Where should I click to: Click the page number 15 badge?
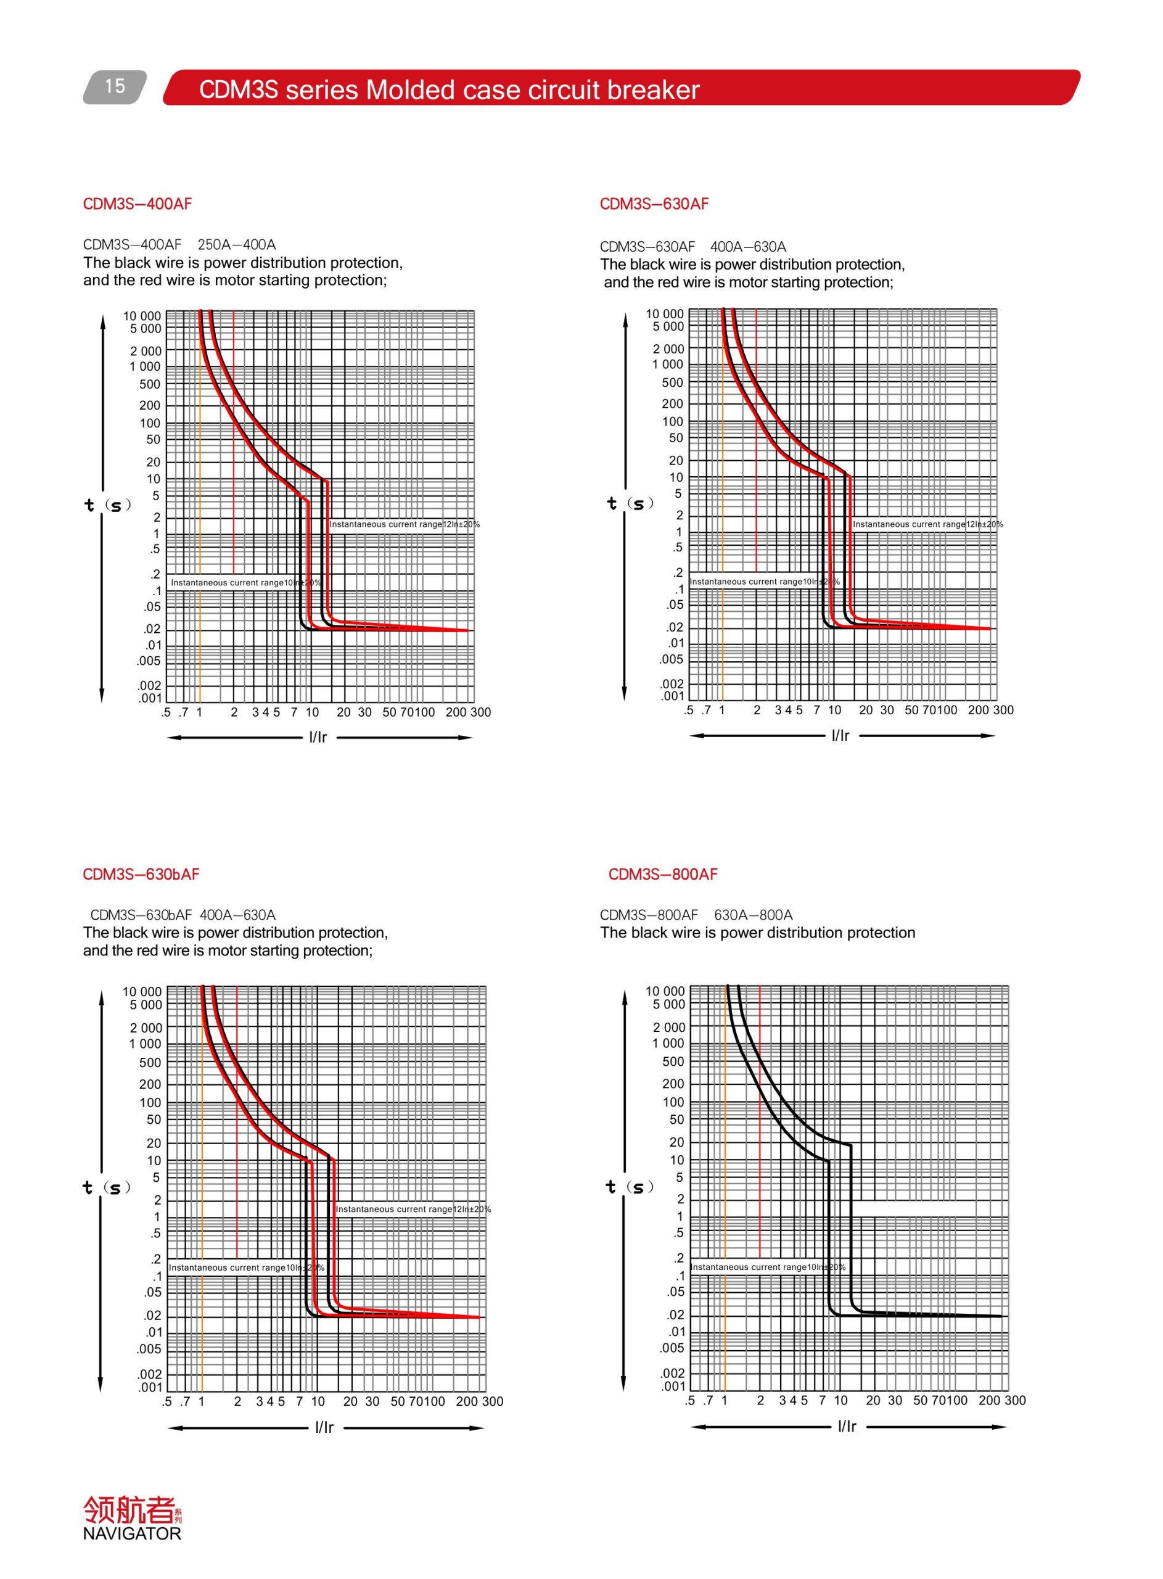[x=115, y=86]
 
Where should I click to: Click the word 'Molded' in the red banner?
[x=409, y=90]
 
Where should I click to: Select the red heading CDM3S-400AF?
[x=138, y=204]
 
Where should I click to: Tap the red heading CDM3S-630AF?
[x=654, y=204]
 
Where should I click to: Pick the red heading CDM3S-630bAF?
[x=141, y=875]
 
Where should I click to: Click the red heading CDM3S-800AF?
[x=662, y=875]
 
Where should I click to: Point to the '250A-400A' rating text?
[x=237, y=245]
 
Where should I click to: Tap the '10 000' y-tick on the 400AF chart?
[x=142, y=316]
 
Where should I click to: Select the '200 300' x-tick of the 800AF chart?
[x=1002, y=1400]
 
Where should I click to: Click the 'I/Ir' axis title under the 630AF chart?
[x=840, y=736]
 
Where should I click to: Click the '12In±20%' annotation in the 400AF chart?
[x=461, y=524]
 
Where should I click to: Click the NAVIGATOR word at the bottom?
[x=131, y=1534]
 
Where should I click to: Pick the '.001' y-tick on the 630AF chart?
[x=672, y=696]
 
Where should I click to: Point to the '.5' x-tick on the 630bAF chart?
[x=167, y=1401]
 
